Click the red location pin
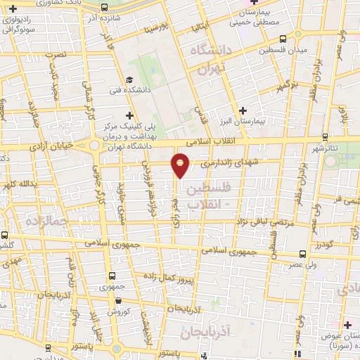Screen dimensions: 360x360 tap(181, 165)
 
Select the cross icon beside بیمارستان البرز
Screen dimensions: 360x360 tap(243, 110)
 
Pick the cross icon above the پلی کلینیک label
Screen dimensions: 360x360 tap(128, 115)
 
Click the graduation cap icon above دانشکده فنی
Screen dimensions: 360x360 tap(129, 79)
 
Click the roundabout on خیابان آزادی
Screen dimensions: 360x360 tap(94, 146)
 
